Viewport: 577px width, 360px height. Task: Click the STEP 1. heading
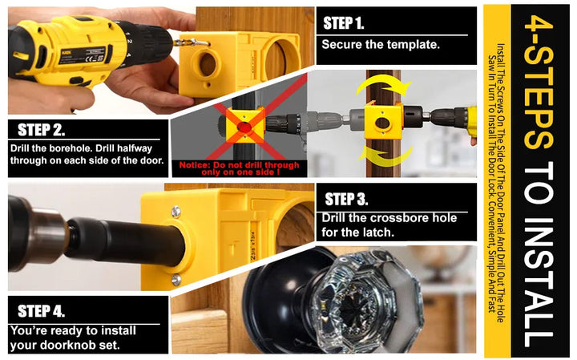click(344, 22)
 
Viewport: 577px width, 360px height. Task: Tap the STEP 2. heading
click(41, 130)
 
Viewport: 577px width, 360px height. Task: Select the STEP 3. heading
click(346, 199)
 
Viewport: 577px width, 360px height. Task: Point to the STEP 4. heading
click(41, 310)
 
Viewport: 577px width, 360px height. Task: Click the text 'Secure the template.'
click(381, 44)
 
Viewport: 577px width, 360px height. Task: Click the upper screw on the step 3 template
click(175, 211)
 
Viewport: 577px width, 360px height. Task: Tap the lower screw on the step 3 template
click(176, 278)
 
